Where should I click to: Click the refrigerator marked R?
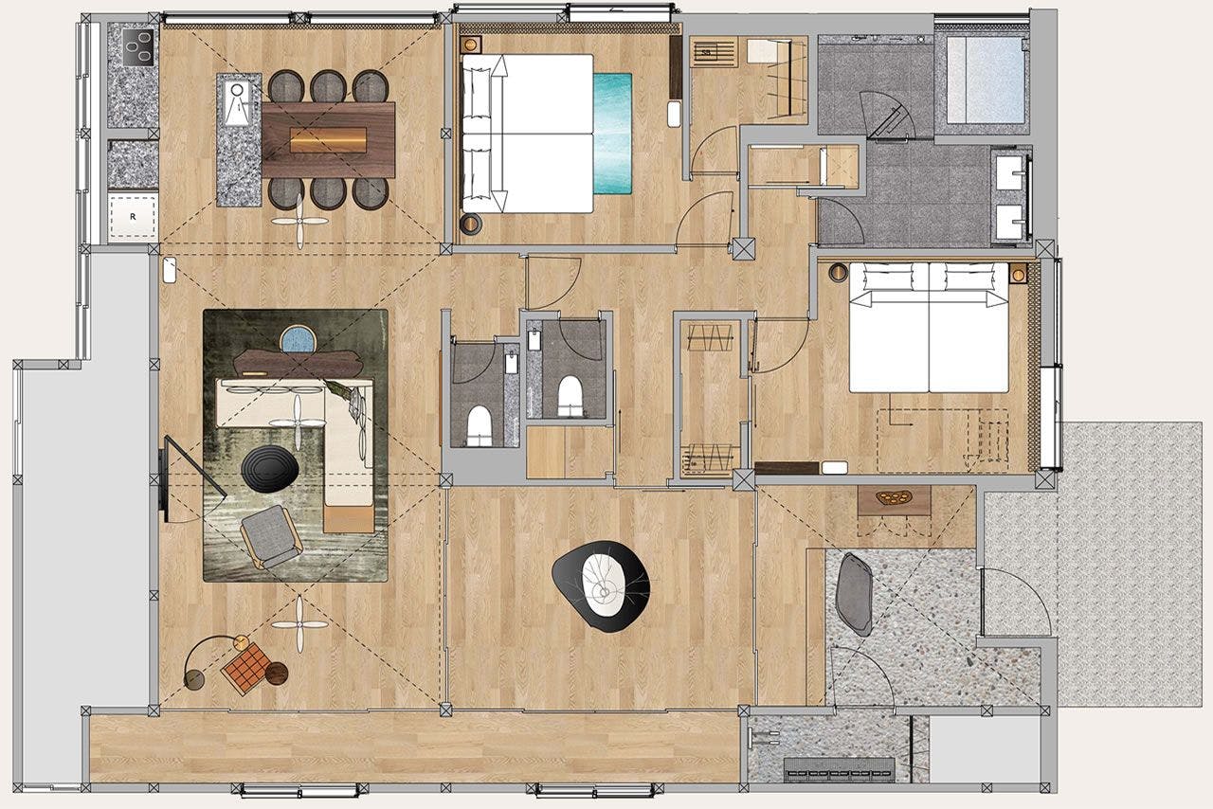coord(132,215)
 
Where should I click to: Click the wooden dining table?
coord(328,139)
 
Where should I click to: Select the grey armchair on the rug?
coord(271,536)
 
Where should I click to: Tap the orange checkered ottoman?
coord(247,669)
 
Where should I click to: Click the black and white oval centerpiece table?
coord(602,585)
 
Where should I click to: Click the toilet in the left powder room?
coord(480,423)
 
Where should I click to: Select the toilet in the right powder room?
coord(570,395)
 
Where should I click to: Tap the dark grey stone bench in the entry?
coord(856,592)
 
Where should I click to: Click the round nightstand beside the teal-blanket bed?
coord(471,225)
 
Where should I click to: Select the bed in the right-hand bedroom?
coord(928,327)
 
